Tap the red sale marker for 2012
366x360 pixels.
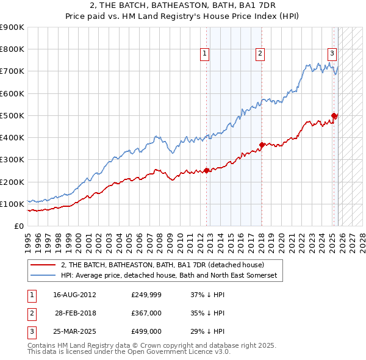(x=206, y=170)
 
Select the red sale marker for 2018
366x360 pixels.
(x=262, y=145)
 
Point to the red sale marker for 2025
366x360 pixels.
(x=334, y=115)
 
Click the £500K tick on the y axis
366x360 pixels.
(x=12, y=115)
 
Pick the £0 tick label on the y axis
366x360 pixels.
(x=18, y=226)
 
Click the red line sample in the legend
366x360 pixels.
(x=43, y=265)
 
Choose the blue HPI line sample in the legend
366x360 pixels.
(x=43, y=276)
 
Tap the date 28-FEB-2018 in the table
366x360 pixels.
(x=76, y=313)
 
